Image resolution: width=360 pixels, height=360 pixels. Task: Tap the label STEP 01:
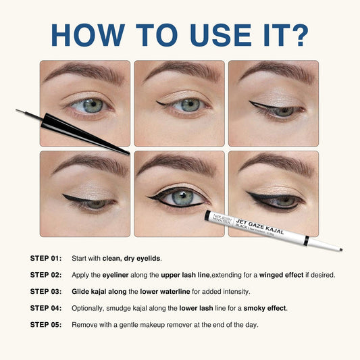pyautogui.click(x=46, y=258)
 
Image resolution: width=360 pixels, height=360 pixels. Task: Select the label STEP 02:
pyautogui.click(x=46, y=275)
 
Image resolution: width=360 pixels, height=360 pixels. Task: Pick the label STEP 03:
pyautogui.click(x=46, y=291)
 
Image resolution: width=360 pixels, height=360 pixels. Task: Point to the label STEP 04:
pyautogui.click(x=46, y=308)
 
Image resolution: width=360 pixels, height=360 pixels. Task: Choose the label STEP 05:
pyautogui.click(x=46, y=324)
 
